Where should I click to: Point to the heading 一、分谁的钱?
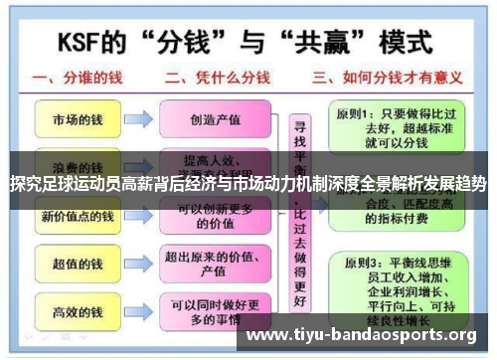[83, 79]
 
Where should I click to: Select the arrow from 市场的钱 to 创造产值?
[139, 118]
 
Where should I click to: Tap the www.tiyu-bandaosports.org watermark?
[361, 334]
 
